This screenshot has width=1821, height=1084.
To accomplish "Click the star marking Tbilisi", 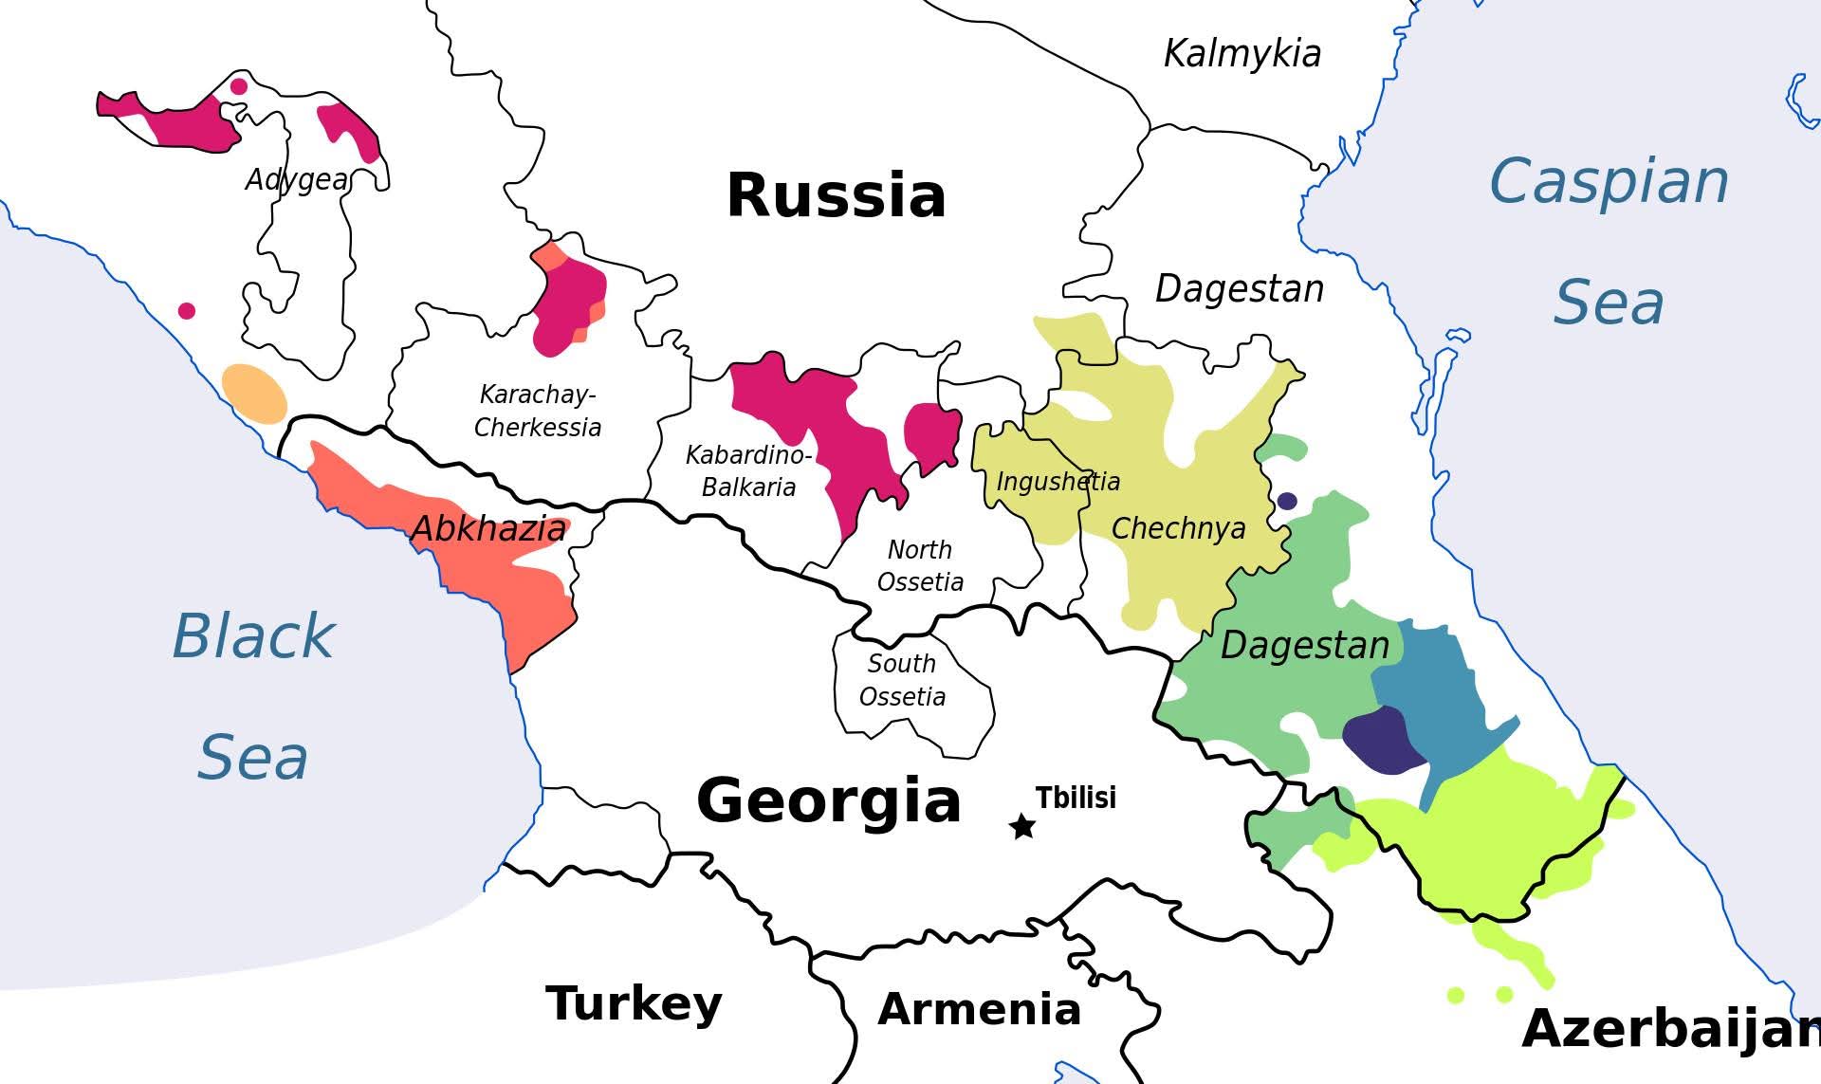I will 1022,826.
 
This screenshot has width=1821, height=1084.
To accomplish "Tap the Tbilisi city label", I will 1076,798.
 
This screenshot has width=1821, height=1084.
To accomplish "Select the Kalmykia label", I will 1242,53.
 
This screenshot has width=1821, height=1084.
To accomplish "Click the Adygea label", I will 297,179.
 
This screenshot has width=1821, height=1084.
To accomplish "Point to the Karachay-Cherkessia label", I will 538,411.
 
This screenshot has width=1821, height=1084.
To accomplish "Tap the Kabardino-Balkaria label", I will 748,471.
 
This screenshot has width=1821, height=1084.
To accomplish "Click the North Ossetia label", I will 920,565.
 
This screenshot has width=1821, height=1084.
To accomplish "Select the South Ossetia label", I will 902,680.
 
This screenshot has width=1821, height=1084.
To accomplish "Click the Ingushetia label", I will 1058,482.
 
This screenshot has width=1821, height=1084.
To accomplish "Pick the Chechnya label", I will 1178,528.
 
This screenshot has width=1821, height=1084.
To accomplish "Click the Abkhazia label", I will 488,528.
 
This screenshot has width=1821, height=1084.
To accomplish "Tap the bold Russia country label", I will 836,195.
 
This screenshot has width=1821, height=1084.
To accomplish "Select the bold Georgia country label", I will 829,800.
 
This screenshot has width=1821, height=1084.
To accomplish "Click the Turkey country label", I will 634,1002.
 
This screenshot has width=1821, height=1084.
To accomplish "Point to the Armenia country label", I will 979,1009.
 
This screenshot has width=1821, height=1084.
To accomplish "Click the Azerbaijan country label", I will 1669,1028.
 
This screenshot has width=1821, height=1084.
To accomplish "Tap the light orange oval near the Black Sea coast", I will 254,393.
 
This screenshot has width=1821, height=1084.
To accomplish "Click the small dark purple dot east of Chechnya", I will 1287,501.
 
